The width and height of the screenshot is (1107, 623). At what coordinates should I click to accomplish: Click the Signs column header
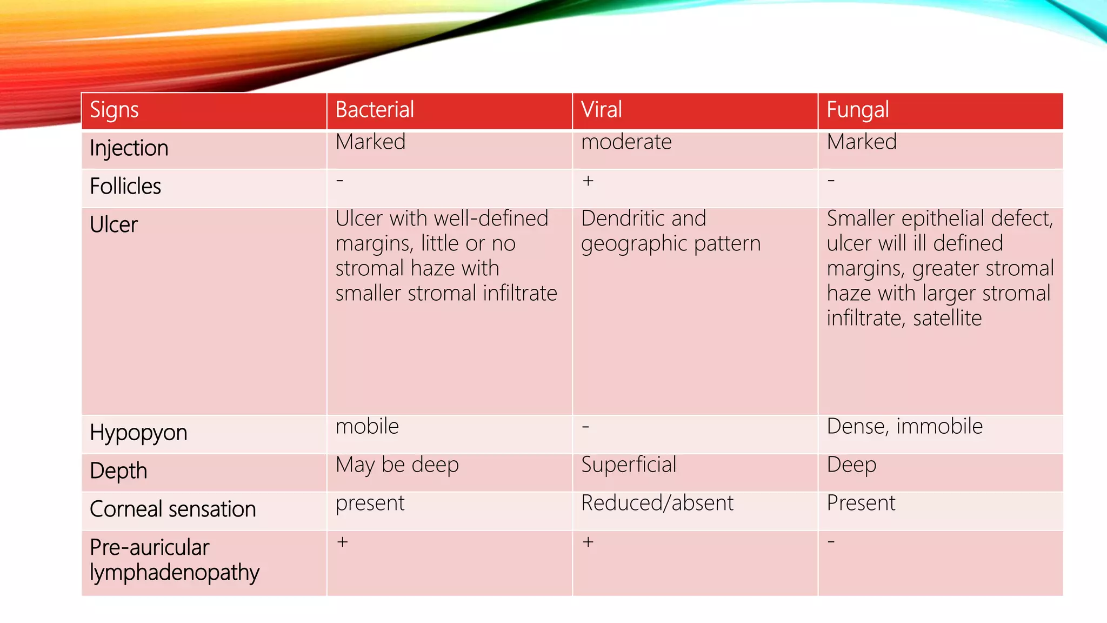(x=114, y=110)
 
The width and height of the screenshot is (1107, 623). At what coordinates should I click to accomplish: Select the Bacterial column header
(x=375, y=110)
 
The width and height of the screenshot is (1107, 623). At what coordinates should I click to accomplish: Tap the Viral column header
(x=601, y=110)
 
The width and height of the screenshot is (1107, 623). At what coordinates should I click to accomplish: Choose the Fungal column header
(x=857, y=110)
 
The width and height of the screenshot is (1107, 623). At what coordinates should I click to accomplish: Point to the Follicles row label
(x=125, y=187)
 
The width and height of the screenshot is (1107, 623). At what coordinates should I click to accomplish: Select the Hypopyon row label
(x=138, y=433)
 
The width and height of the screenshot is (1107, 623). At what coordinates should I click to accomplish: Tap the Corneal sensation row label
(x=172, y=509)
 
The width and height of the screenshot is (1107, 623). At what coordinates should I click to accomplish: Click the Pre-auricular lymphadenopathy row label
(x=174, y=560)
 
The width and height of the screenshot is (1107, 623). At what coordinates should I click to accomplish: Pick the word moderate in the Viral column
(x=626, y=142)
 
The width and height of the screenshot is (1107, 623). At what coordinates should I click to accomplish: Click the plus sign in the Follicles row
(x=588, y=181)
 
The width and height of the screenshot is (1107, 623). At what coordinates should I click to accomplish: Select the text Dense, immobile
(x=904, y=427)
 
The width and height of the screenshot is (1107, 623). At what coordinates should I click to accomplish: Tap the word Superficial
(x=628, y=465)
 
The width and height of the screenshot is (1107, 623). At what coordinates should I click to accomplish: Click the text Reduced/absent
(x=657, y=503)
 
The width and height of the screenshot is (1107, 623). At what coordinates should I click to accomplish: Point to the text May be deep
(x=397, y=465)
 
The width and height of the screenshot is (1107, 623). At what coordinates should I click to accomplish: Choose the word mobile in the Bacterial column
(x=367, y=427)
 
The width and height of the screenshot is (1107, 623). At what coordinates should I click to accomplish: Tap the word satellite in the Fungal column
(x=947, y=319)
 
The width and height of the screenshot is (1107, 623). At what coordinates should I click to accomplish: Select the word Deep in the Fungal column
(x=851, y=465)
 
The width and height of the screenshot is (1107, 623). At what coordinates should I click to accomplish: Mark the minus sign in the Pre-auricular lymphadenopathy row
(x=831, y=542)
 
